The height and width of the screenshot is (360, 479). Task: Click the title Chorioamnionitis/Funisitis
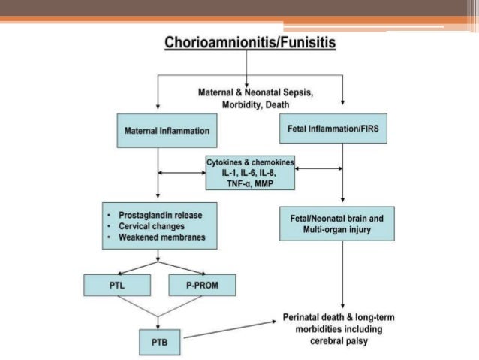pos(250,42)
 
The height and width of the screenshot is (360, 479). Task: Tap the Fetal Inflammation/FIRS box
pos(338,129)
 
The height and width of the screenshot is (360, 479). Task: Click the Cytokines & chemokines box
pos(250,173)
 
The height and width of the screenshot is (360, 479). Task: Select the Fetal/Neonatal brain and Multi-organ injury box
pos(336,224)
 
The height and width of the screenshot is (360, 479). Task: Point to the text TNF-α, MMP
pos(250,184)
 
